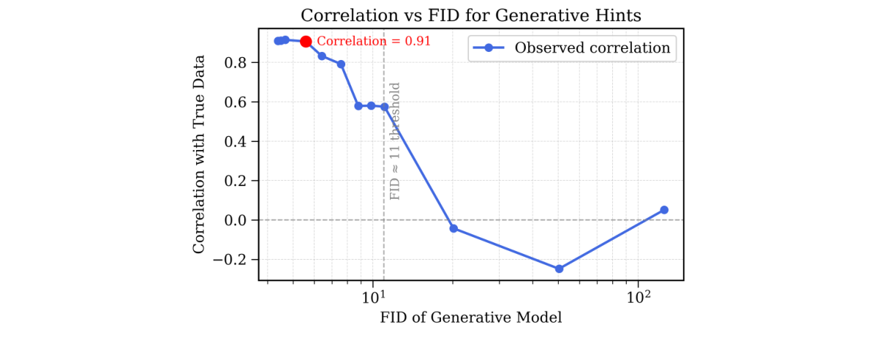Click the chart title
tap(470, 15)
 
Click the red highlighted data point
tap(306, 42)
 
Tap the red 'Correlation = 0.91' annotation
tap(374, 42)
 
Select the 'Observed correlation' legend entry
tap(572, 48)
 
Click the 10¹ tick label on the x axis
tap(374, 296)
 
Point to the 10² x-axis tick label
tap(639, 296)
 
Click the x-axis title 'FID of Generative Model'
tap(470, 318)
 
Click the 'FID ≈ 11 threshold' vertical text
tap(395, 141)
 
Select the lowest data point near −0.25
tap(559, 269)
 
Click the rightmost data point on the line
tap(664, 210)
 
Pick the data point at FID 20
tap(453, 228)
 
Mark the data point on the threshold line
tap(384, 107)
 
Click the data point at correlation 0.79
tap(341, 64)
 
